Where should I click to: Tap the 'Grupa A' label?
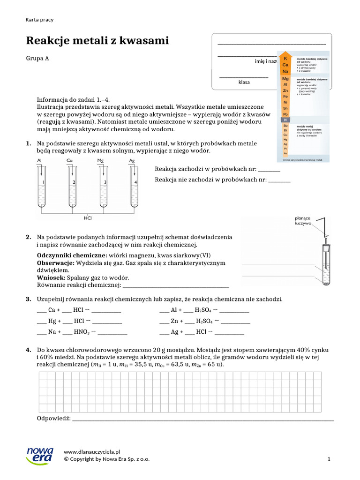tap(37, 59)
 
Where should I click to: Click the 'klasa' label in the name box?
tap(244, 82)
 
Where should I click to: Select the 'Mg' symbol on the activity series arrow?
tap(285, 79)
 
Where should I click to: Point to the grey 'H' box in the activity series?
tap(285, 120)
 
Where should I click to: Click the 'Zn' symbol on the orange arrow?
tap(285, 90)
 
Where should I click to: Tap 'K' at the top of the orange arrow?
tap(285, 59)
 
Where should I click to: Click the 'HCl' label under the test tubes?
tap(88, 218)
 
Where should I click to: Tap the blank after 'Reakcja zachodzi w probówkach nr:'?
tap(269, 170)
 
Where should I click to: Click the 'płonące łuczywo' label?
tap(303, 221)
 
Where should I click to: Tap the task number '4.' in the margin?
tap(29, 350)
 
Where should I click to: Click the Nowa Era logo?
tap(40, 455)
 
